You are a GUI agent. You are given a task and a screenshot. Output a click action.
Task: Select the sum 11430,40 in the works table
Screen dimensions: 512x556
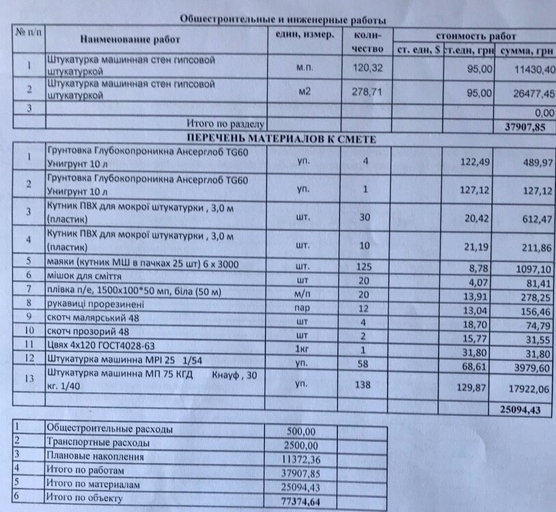(x=528, y=70)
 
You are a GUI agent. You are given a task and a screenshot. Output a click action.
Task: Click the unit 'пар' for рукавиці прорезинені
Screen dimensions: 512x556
(x=304, y=307)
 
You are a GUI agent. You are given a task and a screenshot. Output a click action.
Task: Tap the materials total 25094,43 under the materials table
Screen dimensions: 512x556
(x=523, y=410)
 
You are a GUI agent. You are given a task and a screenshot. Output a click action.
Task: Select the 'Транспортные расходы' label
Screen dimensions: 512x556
(x=96, y=443)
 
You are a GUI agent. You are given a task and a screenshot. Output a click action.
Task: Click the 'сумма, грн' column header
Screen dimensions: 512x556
(x=526, y=51)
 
